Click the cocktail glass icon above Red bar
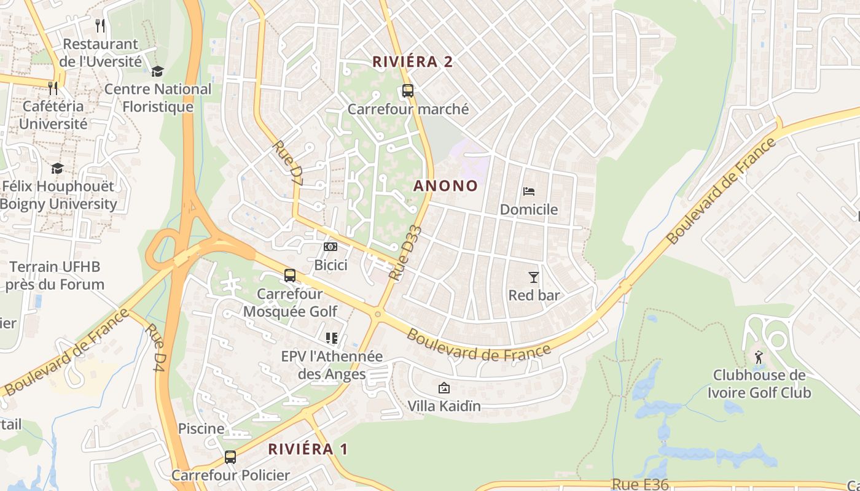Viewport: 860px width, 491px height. [534, 277]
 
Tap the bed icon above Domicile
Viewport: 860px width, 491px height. [528, 191]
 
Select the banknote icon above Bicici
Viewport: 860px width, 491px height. [330, 247]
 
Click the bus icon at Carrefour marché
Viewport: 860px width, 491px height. [408, 91]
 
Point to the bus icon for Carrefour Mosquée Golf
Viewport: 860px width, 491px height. [290, 276]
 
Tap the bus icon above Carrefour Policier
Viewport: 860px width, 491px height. [230, 457]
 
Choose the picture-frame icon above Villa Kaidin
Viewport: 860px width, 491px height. [444, 388]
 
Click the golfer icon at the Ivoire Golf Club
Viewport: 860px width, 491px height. [759, 357]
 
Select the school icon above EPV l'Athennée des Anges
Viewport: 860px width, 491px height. [332, 338]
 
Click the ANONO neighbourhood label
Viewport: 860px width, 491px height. [445, 185]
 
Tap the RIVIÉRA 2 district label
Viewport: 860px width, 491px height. [413, 61]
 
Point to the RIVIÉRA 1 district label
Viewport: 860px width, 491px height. [308, 449]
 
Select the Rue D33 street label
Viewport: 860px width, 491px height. [406, 253]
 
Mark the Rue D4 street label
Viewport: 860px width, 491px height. [155, 347]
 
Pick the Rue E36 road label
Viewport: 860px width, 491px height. [640, 484]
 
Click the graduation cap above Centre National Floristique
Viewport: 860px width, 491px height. [158, 72]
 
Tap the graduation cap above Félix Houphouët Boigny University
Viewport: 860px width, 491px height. [57, 168]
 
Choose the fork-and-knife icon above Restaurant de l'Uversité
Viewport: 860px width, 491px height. [101, 26]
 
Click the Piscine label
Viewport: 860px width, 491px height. [201, 428]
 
